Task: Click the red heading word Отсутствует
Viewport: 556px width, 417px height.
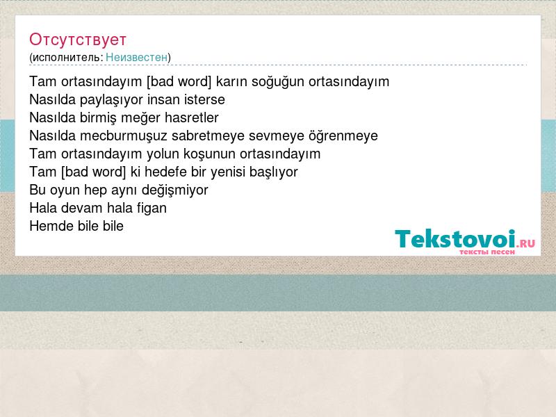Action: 78,40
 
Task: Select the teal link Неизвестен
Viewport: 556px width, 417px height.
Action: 136,57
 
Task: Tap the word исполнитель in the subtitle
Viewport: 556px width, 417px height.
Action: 66,58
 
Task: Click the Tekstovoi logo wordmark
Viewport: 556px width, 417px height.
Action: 455,239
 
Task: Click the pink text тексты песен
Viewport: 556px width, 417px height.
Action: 487,252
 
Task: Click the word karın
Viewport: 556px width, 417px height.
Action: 231,81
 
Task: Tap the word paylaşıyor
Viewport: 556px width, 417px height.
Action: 111,100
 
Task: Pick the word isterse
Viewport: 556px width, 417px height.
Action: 204,99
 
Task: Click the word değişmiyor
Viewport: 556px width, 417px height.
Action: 174,190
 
